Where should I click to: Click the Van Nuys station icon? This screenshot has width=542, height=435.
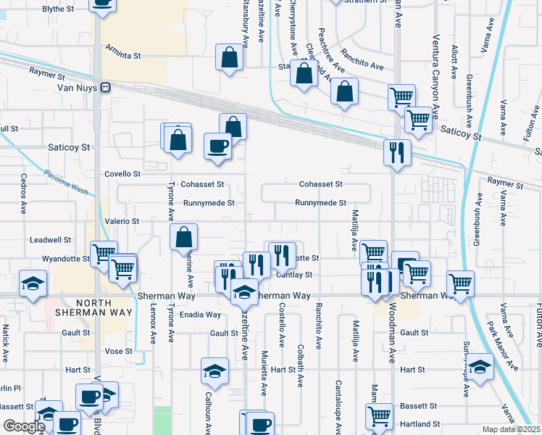(x=106, y=88)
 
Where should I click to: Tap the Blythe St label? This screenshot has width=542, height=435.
(x=59, y=9)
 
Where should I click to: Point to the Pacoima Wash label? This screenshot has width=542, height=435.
(x=65, y=183)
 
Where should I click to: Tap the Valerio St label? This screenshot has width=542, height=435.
(x=122, y=220)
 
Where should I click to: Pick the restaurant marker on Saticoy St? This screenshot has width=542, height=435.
(x=396, y=152)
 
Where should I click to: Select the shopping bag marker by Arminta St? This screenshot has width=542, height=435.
(x=230, y=58)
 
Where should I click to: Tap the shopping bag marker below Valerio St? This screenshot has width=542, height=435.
(x=184, y=236)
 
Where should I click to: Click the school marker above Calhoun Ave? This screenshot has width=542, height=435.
(x=214, y=372)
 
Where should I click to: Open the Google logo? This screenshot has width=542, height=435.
(x=24, y=426)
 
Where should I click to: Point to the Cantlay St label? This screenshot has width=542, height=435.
(x=293, y=275)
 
